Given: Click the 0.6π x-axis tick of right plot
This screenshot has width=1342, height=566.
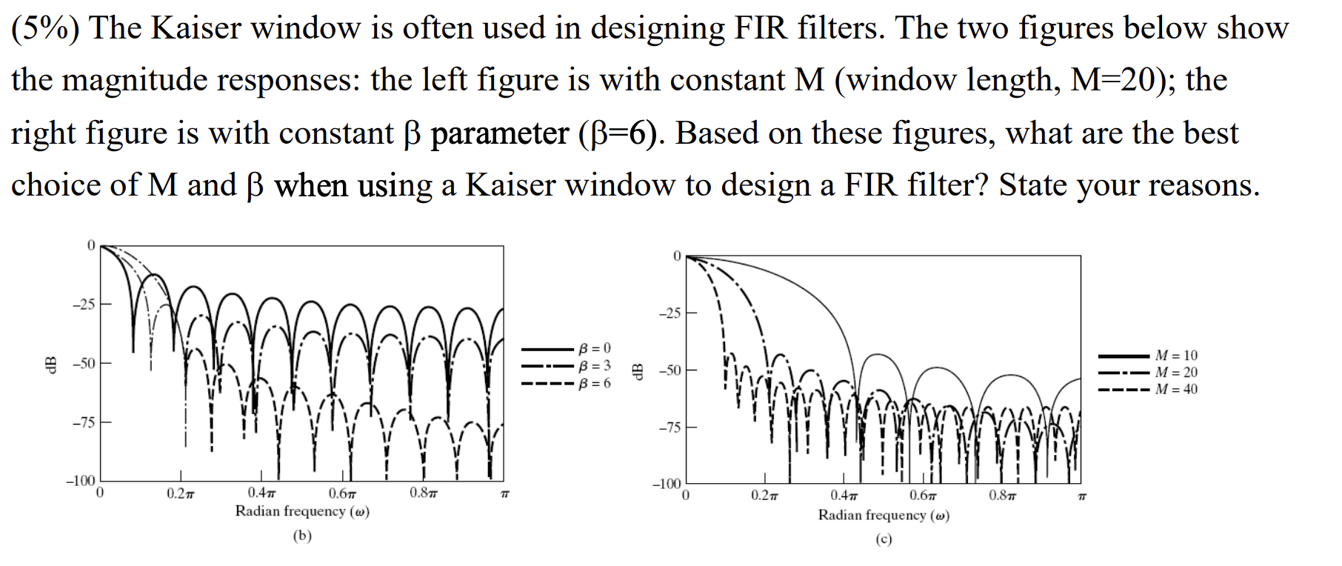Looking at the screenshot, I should coord(922,496).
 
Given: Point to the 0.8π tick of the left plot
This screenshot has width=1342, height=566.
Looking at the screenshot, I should coord(422,493).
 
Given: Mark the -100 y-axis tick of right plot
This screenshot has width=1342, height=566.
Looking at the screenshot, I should coord(666,485).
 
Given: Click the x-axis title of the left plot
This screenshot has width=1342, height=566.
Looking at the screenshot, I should coord(302,511).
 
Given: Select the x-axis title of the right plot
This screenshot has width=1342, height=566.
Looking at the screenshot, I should coord(884,515).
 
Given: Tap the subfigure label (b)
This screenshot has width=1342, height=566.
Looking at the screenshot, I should coord(302,536).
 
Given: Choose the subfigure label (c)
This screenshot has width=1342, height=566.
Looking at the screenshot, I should coord(884,539).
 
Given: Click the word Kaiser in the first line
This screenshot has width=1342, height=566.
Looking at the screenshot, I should coord(196,28).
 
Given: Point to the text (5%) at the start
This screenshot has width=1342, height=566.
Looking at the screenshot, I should coord(46,28).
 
